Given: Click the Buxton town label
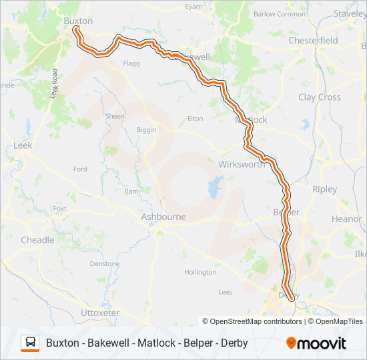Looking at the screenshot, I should click(77, 21).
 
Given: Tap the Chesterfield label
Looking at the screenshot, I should click(313, 41).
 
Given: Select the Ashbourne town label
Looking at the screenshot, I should click(163, 217).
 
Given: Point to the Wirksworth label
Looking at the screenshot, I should click(241, 165).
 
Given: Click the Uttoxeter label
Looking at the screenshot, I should click(99, 313).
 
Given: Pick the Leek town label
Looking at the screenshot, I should click(23, 145).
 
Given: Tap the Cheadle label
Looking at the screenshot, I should click(37, 240).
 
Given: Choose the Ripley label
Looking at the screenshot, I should click(325, 189).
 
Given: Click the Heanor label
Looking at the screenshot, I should click(346, 219).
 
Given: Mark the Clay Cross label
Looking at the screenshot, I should click(320, 97).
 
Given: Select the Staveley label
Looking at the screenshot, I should click(350, 13).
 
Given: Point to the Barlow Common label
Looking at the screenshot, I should click(280, 14).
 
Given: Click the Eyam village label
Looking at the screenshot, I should click(193, 7).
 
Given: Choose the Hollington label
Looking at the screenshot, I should click(200, 272).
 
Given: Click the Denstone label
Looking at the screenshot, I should click(104, 264).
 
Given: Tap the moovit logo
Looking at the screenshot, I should click(316, 343).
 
